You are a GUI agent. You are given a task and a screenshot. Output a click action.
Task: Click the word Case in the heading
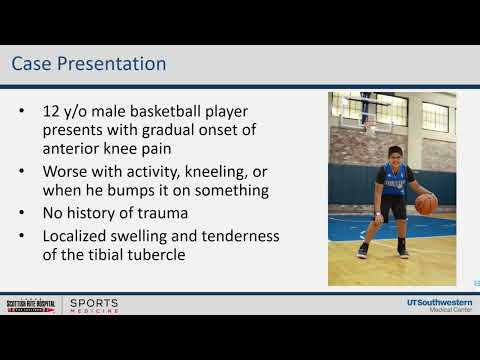pyautogui.click(x=33, y=65)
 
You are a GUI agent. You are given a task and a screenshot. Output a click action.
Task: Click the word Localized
pyautogui.click(x=83, y=236)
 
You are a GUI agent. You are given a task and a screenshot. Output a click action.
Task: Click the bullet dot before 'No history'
pyautogui.click(x=22, y=213)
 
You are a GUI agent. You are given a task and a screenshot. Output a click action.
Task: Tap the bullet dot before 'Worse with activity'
pyautogui.click(x=22, y=170)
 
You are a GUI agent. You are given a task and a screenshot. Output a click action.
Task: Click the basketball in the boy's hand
pyautogui.click(x=427, y=204)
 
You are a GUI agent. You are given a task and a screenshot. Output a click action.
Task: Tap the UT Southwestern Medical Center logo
pyautogui.click(x=431, y=303)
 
